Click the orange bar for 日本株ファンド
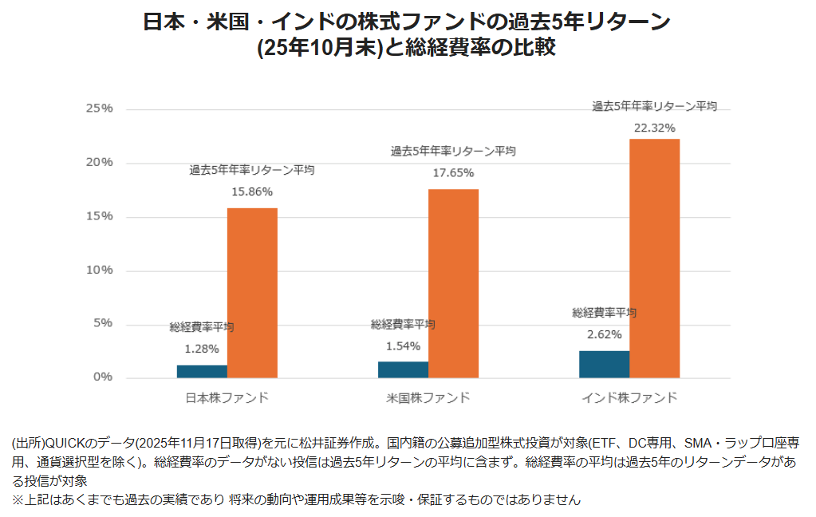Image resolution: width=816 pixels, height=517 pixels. coord(252,293)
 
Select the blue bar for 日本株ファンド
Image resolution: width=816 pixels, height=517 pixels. coord(202,372)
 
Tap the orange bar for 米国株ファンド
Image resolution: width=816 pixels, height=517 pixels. coord(453,283)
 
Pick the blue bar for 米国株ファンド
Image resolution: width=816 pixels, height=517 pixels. coord(403,370)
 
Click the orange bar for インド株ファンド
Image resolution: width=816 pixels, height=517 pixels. coord(654,258)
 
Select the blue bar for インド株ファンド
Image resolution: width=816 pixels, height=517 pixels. coord(604,365)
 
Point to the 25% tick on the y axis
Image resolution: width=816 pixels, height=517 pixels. coord(100,109)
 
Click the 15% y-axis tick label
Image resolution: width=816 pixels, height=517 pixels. coord(100,216)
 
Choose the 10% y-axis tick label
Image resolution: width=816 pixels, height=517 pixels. coord(100,270)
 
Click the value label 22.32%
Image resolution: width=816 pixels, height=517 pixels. coord(655,128)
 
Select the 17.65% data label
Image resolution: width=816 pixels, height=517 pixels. coord(453,172)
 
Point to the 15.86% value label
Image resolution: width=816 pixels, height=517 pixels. coord(252,191)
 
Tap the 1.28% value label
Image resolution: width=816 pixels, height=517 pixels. coord(201,349)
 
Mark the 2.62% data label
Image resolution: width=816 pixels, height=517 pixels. coord(604,334)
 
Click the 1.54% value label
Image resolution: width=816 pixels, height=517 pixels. coord(403,346)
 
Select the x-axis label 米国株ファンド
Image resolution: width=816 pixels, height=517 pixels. coord(428,397)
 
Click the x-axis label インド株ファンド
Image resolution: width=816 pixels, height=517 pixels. coord(629,397)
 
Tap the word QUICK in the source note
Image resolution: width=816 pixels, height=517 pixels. coord(63,443)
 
